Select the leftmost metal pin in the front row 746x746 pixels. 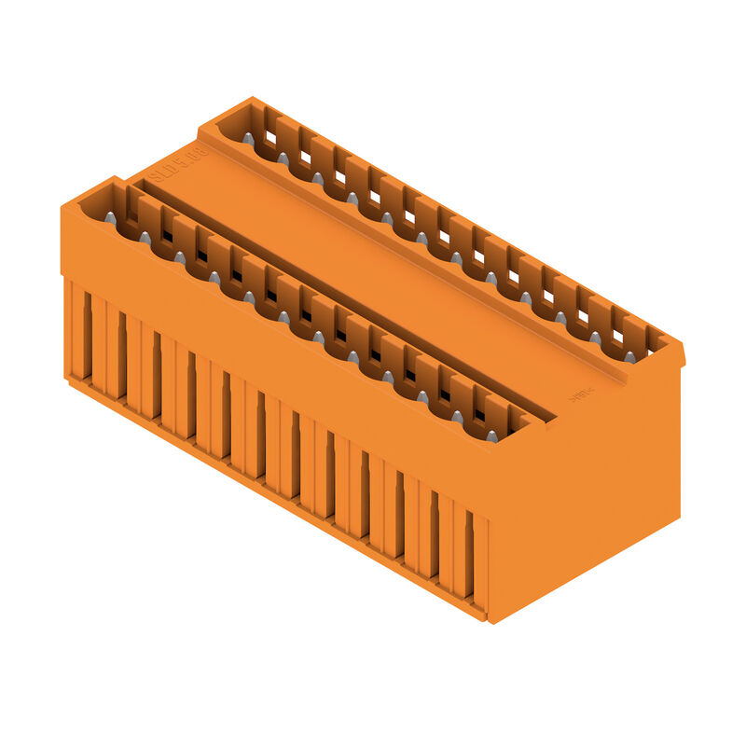(110, 217)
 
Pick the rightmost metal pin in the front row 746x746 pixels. (491, 435)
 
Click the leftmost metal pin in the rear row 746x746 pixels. (248, 139)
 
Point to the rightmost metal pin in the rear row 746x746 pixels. (629, 356)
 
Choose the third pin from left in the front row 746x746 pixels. (179, 256)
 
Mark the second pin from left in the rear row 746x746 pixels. (283, 159)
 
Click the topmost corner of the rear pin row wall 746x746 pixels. (250, 98)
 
